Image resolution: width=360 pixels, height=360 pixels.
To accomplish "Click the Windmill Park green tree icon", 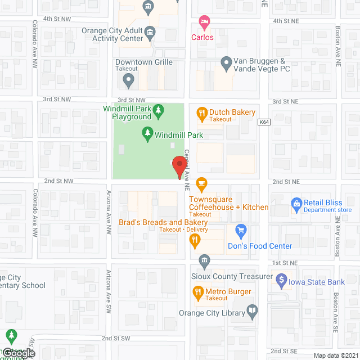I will click(x=147, y=133).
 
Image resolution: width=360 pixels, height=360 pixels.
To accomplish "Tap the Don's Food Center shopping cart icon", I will click(x=241, y=231).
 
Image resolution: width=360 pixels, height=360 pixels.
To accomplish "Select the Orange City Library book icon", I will click(x=253, y=310).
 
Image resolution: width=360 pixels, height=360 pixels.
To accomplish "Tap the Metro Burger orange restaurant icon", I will click(x=197, y=292).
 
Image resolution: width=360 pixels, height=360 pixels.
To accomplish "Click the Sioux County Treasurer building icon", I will click(x=204, y=260).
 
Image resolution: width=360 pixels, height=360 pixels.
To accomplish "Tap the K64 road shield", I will click(x=264, y=121).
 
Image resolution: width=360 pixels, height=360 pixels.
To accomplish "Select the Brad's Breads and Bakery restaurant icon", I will click(x=195, y=241).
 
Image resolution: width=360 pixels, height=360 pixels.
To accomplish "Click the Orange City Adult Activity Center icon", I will click(x=150, y=31).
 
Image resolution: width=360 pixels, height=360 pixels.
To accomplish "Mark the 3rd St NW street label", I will click(x=58, y=99).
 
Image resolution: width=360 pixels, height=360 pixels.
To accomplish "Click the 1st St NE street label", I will click(x=285, y=263).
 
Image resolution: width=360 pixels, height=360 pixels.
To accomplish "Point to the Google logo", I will click(x=18, y=353).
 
